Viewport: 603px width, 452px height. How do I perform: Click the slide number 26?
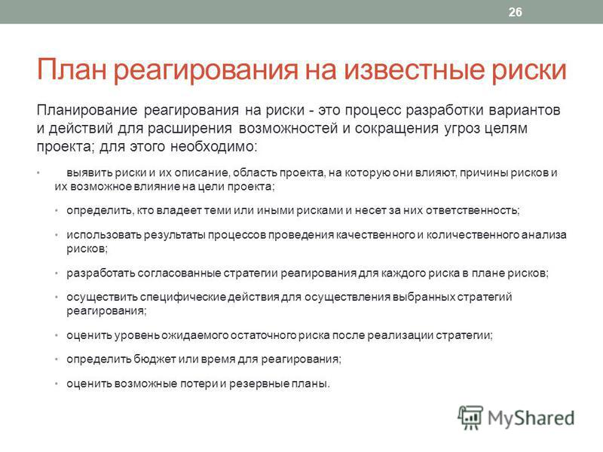[x=516, y=12]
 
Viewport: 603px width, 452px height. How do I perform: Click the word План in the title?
[x=72, y=69]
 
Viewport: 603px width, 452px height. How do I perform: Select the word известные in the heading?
[x=413, y=69]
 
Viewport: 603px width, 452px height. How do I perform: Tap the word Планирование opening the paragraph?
[x=87, y=110]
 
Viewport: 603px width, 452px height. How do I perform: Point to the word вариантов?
[x=525, y=110]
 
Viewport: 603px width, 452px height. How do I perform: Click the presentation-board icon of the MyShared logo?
[x=470, y=417]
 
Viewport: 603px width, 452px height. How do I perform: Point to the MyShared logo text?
[x=531, y=418]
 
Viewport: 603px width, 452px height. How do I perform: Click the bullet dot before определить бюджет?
[x=57, y=359]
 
